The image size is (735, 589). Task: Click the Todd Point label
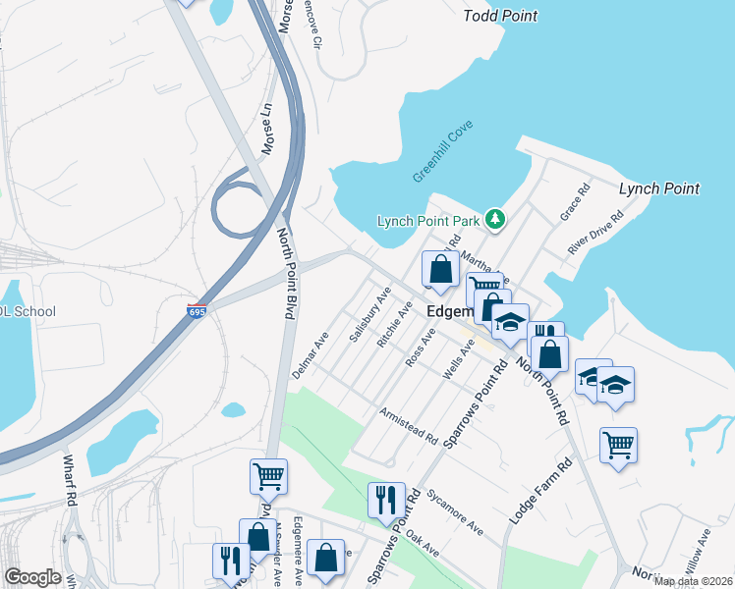click(x=501, y=16)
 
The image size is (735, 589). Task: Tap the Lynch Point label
click(x=658, y=188)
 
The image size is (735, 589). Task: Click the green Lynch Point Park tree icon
click(x=496, y=220)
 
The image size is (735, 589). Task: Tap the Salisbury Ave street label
click(x=370, y=315)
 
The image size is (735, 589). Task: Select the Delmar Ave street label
click(x=311, y=355)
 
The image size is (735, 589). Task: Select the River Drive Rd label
click(x=595, y=234)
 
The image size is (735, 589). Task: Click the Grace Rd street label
click(x=574, y=201)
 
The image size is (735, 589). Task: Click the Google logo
click(x=32, y=577)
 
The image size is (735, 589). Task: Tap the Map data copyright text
click(x=692, y=581)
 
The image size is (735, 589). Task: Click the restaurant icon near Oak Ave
click(x=386, y=500)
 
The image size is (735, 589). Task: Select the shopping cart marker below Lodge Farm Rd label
click(x=618, y=445)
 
